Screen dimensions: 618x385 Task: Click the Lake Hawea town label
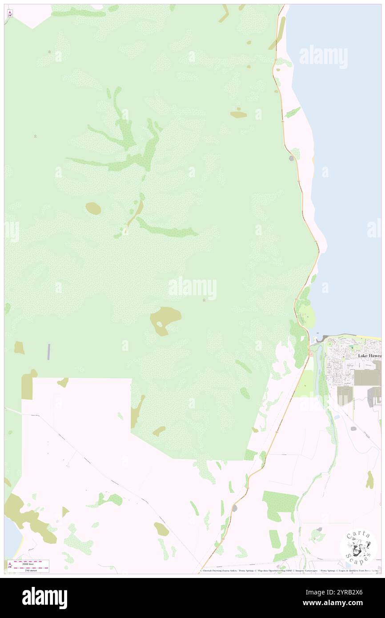(x=369, y=356)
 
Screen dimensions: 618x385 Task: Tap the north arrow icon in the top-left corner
(x=10, y=14)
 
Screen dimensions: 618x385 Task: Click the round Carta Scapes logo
(x=358, y=546)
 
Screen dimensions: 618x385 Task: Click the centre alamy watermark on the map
(x=192, y=288)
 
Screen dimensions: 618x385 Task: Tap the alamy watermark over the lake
(x=323, y=56)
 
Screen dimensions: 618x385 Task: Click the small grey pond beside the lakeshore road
(x=291, y=158)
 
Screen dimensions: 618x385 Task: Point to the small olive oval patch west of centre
(x=93, y=208)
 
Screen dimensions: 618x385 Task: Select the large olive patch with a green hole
(x=165, y=319)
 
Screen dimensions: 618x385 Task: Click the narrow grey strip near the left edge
(x=48, y=352)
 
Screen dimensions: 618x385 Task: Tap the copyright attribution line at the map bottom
(x=289, y=571)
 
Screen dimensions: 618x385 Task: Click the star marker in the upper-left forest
(x=36, y=136)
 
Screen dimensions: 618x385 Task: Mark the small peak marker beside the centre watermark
(x=204, y=301)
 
